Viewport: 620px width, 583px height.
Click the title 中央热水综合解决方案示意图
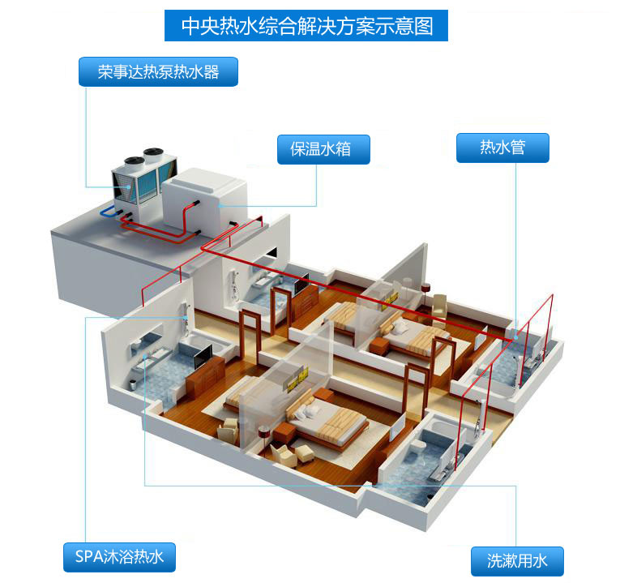(x=306, y=26)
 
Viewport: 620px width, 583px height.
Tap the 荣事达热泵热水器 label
(x=159, y=71)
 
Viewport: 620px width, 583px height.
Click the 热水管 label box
(x=502, y=148)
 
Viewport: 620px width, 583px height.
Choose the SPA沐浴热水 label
(x=119, y=557)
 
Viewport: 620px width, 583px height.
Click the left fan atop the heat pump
(x=130, y=160)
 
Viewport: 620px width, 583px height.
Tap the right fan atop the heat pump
(x=152, y=152)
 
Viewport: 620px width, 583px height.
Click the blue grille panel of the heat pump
(x=146, y=188)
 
